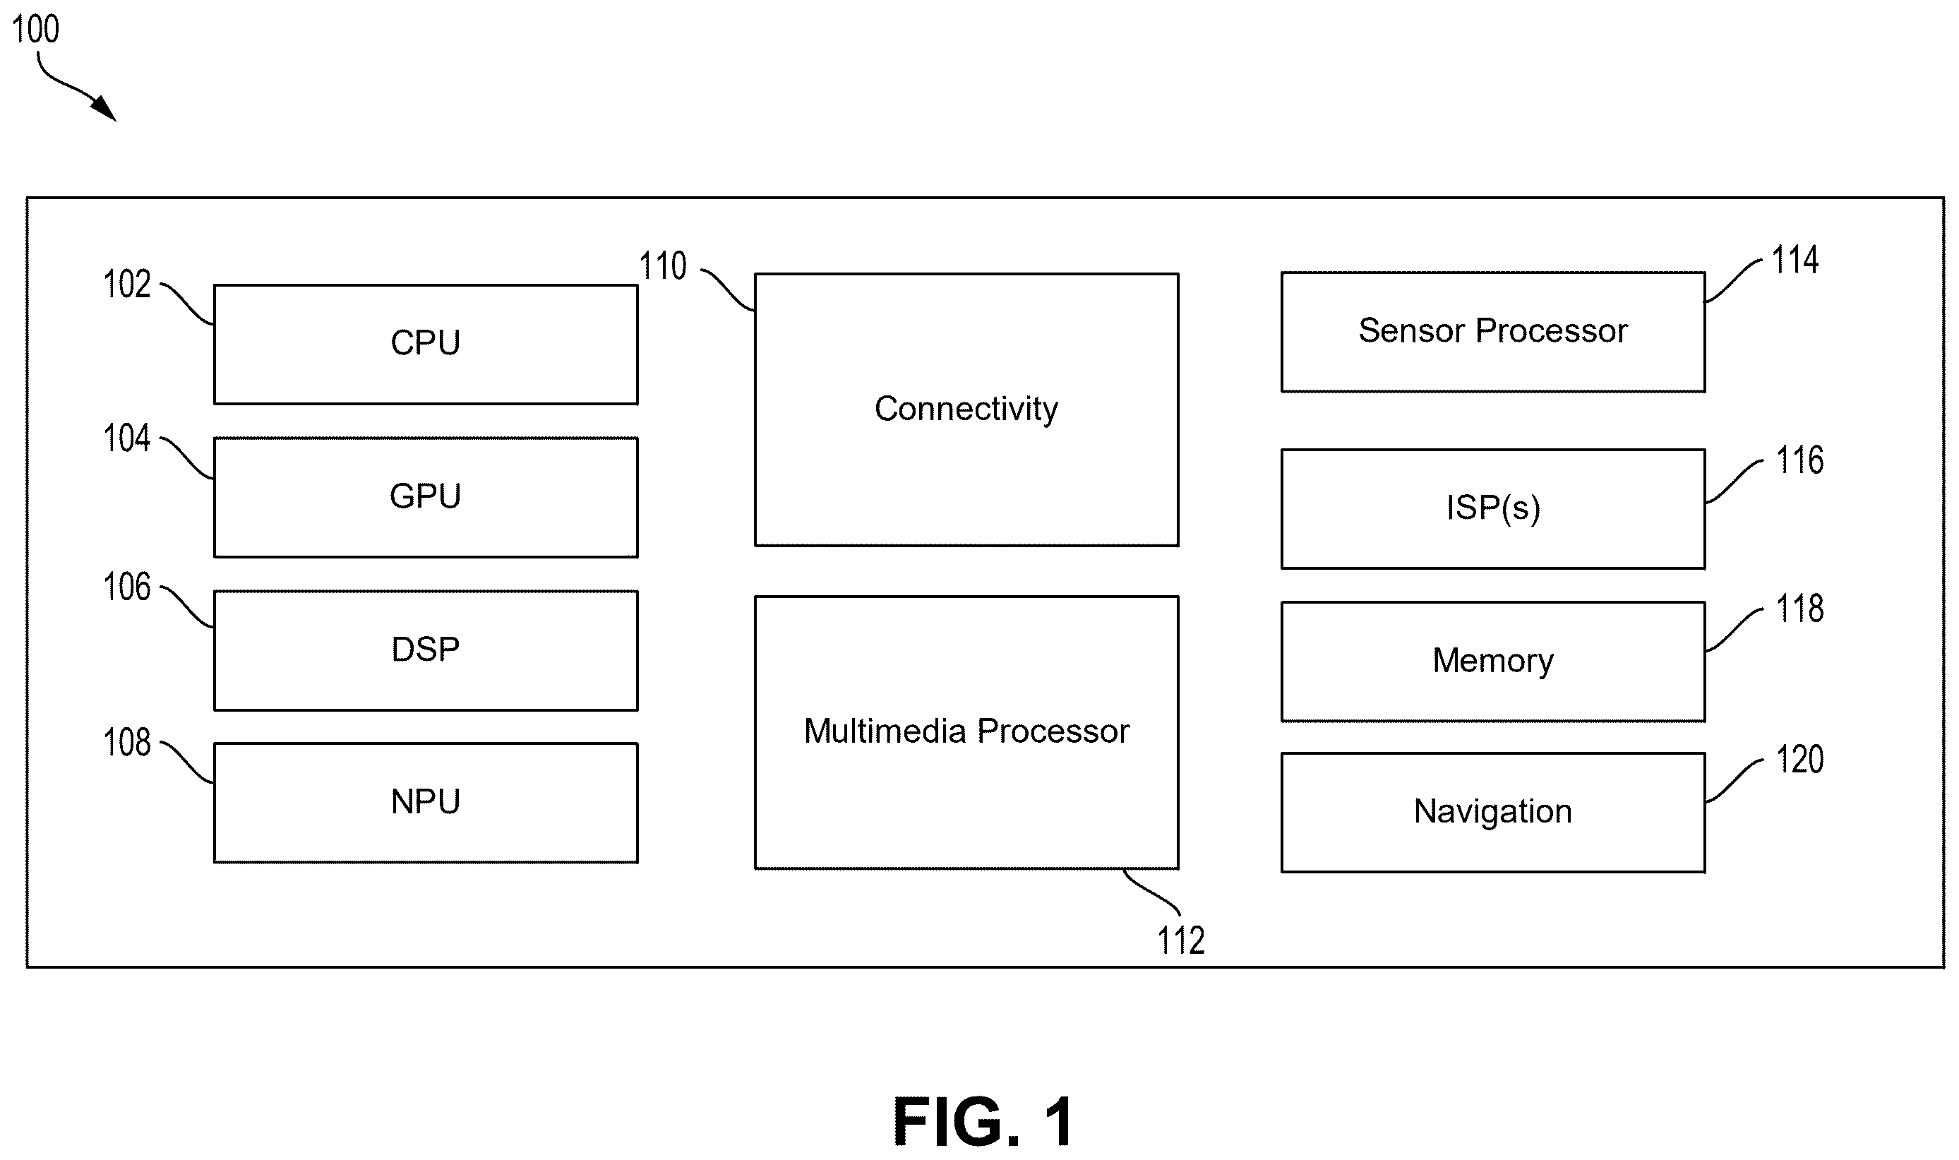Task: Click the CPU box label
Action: pyautogui.click(x=425, y=342)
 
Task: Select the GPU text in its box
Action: pyautogui.click(x=425, y=496)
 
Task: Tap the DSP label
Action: pyautogui.click(x=425, y=649)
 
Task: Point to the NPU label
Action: pyautogui.click(x=425, y=801)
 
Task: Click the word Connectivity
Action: pyautogui.click(x=966, y=409)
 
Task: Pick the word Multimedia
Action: pyautogui.click(x=885, y=731)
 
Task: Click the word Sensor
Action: pyautogui.click(x=1411, y=330)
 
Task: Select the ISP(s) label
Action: pyautogui.click(x=1493, y=508)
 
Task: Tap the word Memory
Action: pyautogui.click(x=1492, y=662)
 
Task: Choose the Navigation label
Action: pyautogui.click(x=1492, y=811)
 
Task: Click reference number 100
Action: pyautogui.click(x=36, y=30)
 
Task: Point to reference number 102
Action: pyautogui.click(x=126, y=284)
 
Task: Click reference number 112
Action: pyautogui.click(x=1181, y=940)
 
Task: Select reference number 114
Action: pyautogui.click(x=1795, y=260)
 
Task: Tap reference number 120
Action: pyautogui.click(x=1800, y=759)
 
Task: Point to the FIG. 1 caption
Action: pyautogui.click(x=983, y=1122)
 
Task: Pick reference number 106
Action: pyautogui.click(x=126, y=587)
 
